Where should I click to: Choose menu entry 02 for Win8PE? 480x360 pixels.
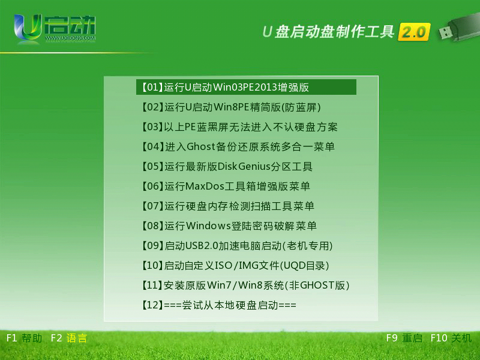(231, 107)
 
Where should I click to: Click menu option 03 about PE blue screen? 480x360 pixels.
(239, 127)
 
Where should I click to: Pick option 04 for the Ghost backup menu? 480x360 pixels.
(238, 146)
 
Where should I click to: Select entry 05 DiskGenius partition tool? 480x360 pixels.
(227, 166)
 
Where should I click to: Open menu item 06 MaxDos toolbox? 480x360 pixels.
(226, 186)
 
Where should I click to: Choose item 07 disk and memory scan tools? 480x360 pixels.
(228, 206)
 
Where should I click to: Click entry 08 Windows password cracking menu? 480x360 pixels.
(229, 226)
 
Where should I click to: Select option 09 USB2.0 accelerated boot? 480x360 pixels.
(237, 245)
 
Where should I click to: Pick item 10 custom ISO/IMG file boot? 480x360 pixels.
(235, 265)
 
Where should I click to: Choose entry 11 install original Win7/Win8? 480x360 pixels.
(245, 285)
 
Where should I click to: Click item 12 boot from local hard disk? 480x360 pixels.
(219, 305)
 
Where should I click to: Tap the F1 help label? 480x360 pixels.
(24, 338)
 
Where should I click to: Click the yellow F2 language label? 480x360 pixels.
(69, 338)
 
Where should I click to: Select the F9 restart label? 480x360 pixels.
(404, 338)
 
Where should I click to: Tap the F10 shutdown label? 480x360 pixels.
(451, 338)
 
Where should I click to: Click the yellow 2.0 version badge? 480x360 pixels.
(414, 32)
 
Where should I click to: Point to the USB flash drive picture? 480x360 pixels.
(458, 26)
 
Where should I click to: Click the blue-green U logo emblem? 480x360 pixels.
(28, 28)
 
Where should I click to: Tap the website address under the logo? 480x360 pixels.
(70, 38)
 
